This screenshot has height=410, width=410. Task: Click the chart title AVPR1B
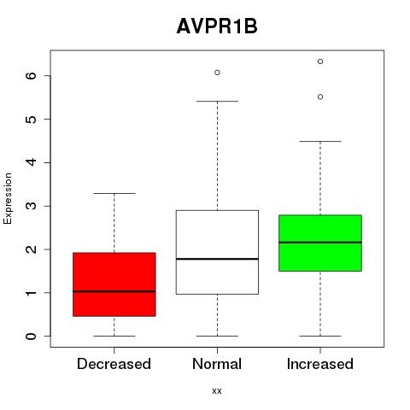pos(217,26)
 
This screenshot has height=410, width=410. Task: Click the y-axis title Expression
pos(8,198)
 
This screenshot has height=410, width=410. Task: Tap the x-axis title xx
pos(217,390)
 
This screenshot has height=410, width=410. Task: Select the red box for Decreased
pos(114,284)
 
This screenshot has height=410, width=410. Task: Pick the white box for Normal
pos(217,252)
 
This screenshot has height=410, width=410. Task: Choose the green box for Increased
pos(320,243)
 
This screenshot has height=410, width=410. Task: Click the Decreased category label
pos(114,364)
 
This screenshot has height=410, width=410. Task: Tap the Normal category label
pos(217,364)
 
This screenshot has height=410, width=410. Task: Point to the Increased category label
pos(320,364)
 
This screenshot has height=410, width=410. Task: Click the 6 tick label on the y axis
pos(32,75)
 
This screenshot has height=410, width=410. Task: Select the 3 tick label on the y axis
pos(32,206)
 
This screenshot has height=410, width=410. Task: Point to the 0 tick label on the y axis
pos(32,336)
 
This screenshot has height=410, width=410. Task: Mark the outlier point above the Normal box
pos(217,73)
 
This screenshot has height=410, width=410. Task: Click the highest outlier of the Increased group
pos(320,61)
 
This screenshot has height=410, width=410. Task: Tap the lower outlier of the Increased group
pos(320,97)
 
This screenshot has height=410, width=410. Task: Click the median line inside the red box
pos(114,291)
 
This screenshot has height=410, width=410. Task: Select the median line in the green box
pos(320,243)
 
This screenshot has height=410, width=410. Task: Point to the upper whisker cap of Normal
pos(217,101)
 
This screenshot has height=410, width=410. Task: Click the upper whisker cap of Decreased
pos(114,193)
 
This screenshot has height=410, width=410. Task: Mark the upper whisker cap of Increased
pos(320,141)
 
